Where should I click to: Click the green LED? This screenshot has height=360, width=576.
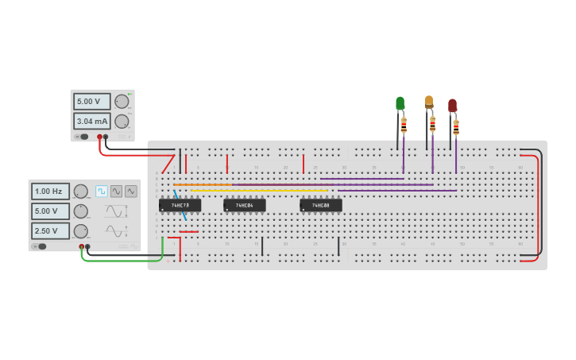pos(400,103)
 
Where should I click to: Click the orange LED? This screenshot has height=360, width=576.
pos(429,102)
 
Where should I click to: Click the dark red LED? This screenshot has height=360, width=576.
pos(452,105)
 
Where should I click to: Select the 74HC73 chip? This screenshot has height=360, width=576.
pos(180,205)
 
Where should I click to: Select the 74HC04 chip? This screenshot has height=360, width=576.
pos(244,205)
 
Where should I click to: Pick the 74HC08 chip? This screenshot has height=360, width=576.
pos(320,205)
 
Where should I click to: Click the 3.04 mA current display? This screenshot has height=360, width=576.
pos(91,121)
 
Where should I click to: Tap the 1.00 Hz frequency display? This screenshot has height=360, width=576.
pos(50,192)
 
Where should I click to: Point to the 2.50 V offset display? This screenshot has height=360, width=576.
pos(50,230)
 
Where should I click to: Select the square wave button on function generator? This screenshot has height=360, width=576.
pos(102,192)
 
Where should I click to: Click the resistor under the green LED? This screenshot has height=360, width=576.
pos(404,125)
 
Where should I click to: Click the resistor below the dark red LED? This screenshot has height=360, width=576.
pos(456,127)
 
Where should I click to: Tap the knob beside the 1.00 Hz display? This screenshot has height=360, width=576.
pos(80,192)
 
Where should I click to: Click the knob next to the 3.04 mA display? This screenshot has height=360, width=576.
pos(121,121)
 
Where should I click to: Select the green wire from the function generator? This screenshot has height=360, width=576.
pos(119,260)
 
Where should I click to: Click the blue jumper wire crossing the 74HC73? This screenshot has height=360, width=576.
pos(180,205)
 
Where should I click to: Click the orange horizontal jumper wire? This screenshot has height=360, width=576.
pos(203,185)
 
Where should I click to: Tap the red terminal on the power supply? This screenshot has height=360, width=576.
pos(99,137)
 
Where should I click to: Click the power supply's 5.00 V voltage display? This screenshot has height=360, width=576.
pos(91,102)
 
